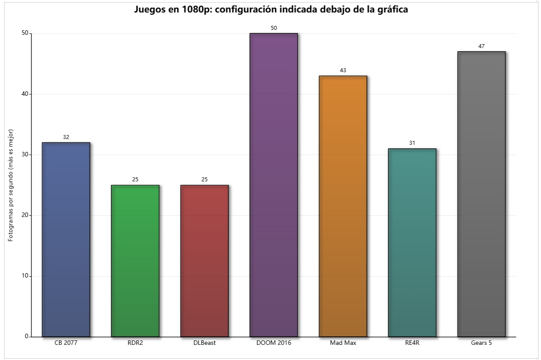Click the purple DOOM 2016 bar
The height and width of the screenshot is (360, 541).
273,185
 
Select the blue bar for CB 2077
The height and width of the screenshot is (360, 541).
66,239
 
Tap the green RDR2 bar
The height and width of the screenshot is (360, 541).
135,261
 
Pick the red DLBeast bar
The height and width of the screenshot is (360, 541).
204,261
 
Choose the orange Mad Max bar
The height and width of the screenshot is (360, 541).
343,206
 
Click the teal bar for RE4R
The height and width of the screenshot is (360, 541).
412,242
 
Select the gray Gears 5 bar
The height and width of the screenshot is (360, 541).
481,194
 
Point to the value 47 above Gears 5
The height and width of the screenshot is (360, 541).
481,46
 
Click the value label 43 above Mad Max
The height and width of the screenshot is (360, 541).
343,70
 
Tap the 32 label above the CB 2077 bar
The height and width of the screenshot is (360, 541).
66,137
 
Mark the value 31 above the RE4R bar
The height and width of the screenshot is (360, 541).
412,143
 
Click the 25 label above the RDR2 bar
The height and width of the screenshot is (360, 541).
135,180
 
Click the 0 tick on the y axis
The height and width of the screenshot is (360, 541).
26,336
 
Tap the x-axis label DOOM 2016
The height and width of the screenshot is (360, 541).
273,343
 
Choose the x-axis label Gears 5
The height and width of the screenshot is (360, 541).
481,343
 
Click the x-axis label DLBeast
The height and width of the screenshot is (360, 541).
204,343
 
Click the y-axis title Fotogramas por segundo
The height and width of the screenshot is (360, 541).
11,185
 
